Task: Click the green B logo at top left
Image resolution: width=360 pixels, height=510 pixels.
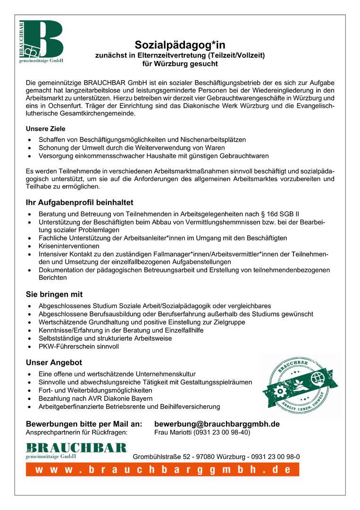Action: tap(42, 42)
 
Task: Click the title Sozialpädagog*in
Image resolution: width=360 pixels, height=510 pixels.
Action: tap(180, 45)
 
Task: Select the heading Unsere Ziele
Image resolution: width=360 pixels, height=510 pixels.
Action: tap(45, 128)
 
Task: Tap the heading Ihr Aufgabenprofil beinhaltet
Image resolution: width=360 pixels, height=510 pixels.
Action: tap(79, 203)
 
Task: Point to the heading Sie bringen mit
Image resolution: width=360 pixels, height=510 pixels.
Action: tap(54, 294)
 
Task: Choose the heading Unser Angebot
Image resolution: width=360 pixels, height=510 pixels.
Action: tap(54, 363)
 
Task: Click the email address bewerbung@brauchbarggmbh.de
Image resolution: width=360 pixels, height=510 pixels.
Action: tap(217, 424)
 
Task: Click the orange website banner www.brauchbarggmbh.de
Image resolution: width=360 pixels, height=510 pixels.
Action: tap(162, 469)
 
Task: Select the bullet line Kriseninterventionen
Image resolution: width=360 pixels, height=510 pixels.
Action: tap(69, 246)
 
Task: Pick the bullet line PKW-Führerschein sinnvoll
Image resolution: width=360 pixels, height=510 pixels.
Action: tap(79, 346)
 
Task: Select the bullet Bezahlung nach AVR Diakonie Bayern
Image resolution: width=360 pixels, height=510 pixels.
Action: tap(95, 399)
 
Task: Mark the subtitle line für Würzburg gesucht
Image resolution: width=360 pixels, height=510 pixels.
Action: tap(180, 63)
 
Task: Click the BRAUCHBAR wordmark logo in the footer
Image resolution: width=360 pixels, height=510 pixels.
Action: tap(76, 450)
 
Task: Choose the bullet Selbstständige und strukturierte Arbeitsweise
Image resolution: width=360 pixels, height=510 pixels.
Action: tap(105, 338)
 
